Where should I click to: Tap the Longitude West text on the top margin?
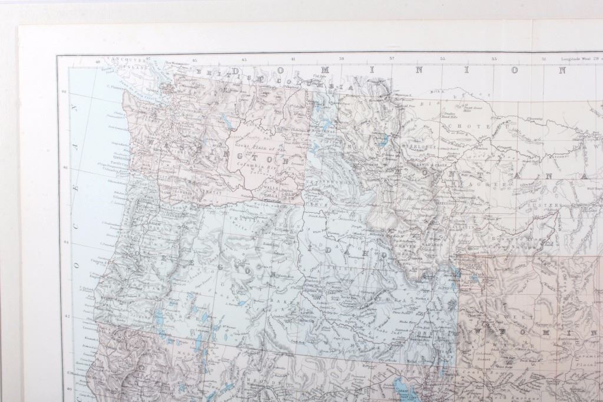point(580,59)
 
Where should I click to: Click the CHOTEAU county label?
point(476,126)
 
